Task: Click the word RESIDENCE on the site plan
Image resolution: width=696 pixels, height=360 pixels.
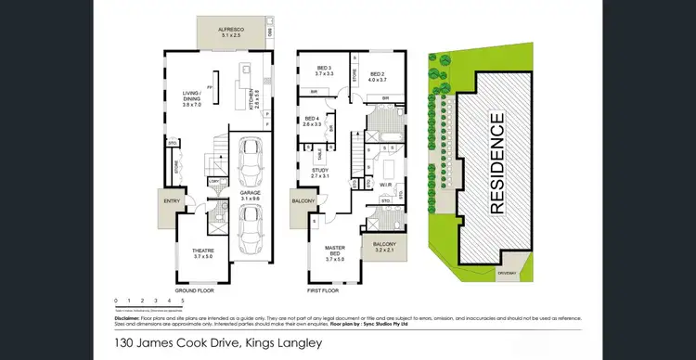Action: tap(497, 162)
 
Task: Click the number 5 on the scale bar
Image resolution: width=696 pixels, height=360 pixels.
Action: tap(183, 302)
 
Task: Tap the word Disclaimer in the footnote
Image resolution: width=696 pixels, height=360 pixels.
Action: tap(128, 316)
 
